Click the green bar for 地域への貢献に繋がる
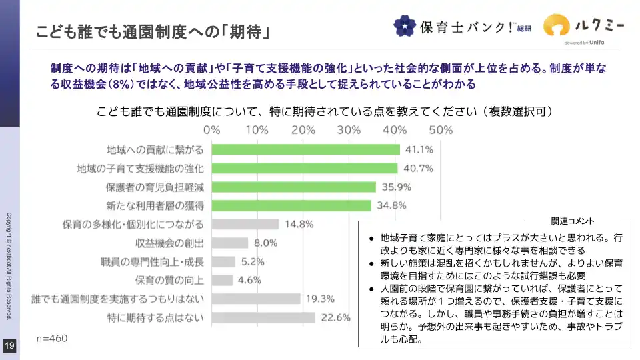[306, 149]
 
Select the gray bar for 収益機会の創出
[230, 243]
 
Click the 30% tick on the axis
[349, 129]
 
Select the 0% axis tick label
[212, 129]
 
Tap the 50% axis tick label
[441, 129]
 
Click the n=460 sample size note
[51, 339]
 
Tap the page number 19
[9, 345]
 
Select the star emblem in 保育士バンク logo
[404, 26]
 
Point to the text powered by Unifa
[584, 43]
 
